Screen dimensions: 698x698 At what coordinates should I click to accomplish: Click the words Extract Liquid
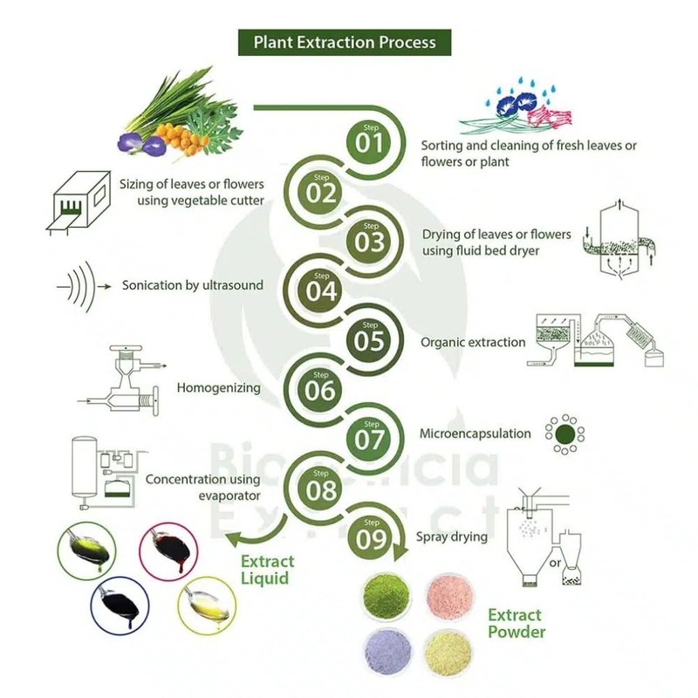click(x=268, y=570)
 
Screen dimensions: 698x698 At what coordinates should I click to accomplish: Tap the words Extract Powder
click(x=514, y=624)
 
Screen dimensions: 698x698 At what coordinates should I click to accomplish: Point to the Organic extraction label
click(x=473, y=343)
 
